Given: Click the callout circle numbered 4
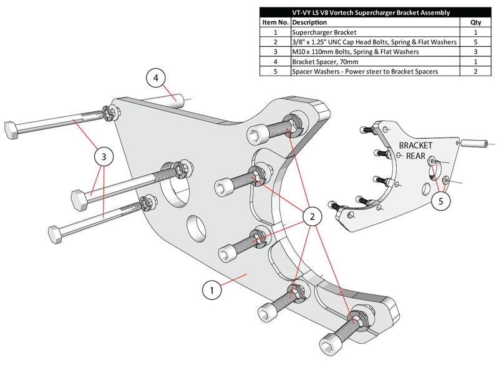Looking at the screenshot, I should coord(156,79).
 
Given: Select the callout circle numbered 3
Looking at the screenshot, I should coord(104,157).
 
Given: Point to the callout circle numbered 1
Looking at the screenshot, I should coord(213,290).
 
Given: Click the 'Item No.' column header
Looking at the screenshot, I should coord(274,22).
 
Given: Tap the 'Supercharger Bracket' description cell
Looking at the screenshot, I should coord(324,31).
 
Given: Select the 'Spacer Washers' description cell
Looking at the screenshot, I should coord(365,71).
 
